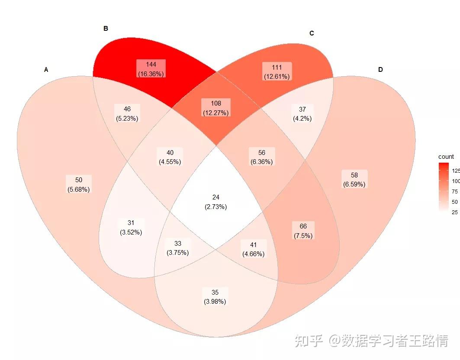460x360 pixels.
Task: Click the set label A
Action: (x=46, y=70)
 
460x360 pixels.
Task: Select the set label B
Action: (x=106, y=29)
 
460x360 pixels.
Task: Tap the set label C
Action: (x=312, y=33)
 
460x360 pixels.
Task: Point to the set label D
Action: (x=380, y=70)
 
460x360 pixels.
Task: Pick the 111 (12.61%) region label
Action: (x=277, y=71)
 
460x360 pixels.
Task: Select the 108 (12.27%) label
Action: (x=216, y=108)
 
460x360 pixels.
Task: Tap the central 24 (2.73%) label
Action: (x=216, y=202)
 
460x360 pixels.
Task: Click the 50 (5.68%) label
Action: (x=79, y=184)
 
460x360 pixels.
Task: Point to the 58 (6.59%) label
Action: (x=354, y=180)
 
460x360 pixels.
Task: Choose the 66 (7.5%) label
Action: (x=303, y=231)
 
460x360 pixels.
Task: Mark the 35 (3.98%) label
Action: (x=215, y=297)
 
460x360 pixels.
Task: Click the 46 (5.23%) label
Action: (x=127, y=113)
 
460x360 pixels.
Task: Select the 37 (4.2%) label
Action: (x=302, y=113)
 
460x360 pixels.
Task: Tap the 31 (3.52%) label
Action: (x=131, y=227)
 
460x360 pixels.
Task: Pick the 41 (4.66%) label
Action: (x=253, y=249)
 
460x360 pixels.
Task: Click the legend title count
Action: (x=446, y=157)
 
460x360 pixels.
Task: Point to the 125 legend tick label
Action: (x=456, y=170)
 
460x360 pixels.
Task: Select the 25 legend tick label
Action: (x=455, y=212)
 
